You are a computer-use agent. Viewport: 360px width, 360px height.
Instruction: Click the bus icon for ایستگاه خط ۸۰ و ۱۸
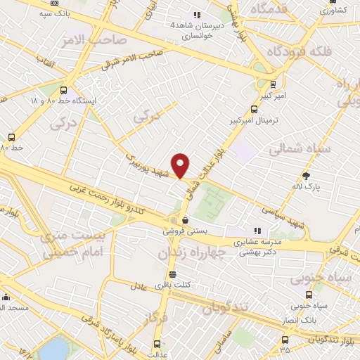click(x=64, y=91)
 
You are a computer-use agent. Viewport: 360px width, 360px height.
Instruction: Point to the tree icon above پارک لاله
click(x=306, y=175)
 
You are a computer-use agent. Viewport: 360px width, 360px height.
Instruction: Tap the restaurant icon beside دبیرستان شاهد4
click(x=198, y=14)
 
